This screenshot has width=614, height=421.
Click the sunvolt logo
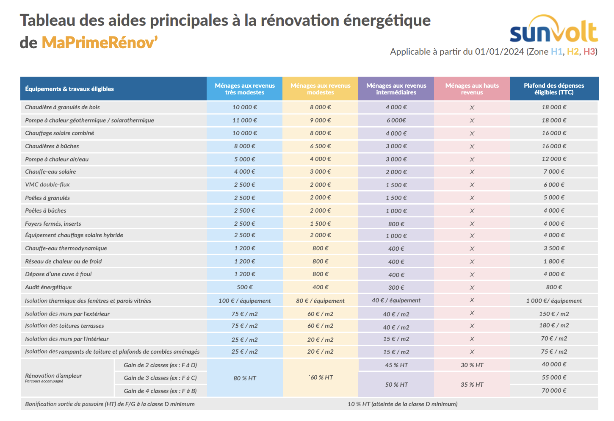(553, 30)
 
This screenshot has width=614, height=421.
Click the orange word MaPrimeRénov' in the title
(100, 42)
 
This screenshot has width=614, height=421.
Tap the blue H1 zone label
(556, 52)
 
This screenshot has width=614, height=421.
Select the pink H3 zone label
(589, 52)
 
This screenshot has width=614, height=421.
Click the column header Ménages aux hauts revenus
(472, 89)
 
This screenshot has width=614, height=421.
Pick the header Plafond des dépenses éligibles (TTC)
(554, 89)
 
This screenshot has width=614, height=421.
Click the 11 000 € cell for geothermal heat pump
(245, 120)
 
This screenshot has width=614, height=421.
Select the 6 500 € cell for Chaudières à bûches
(321, 146)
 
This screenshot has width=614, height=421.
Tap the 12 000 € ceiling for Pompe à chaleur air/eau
(554, 159)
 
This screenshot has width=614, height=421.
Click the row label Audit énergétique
(48, 287)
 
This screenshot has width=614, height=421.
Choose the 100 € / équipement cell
(245, 301)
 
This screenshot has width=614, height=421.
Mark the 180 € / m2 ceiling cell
(554, 325)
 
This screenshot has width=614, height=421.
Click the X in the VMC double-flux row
(472, 185)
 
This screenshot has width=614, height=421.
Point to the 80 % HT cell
(245, 378)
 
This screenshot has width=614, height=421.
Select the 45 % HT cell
(396, 365)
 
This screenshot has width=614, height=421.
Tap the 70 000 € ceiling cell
(554, 391)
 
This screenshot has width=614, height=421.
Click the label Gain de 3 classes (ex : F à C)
(160, 378)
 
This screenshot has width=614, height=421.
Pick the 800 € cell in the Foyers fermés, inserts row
(396, 224)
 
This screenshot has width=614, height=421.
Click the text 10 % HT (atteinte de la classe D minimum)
(402, 404)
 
